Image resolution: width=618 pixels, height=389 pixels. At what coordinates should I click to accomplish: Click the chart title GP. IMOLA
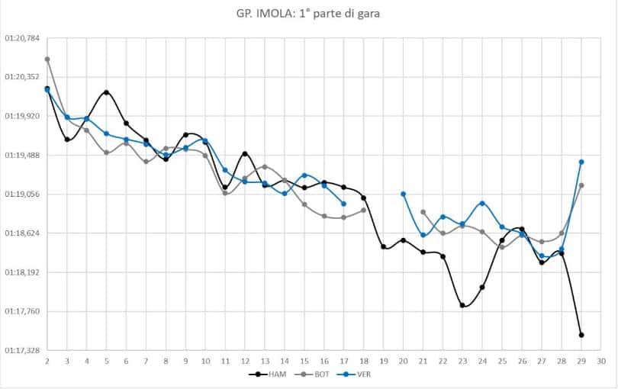pos(308,14)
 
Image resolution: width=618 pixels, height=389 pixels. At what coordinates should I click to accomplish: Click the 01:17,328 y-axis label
pos(22,351)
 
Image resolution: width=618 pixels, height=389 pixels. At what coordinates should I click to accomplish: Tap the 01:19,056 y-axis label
pos(22,194)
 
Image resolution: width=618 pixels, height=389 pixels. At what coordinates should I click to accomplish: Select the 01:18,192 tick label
pos(22,272)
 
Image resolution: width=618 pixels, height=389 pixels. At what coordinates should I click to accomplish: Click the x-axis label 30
pos(601,360)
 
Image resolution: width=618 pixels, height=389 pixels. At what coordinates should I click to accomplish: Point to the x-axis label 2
pos(47,360)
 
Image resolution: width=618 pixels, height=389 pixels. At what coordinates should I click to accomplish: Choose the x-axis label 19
pos(384,360)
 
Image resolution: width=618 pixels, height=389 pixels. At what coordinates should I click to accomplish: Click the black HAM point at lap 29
pos(581,335)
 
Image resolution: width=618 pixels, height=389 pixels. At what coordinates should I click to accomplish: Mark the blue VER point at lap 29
pos(581,162)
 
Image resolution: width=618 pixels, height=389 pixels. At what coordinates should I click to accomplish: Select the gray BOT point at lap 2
pos(47,59)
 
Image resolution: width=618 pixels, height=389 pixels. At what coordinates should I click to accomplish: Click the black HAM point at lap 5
pos(107,92)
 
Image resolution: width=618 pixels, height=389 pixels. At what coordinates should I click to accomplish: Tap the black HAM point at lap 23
pos(462,305)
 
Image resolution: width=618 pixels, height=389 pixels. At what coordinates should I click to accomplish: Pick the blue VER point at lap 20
pos(404,194)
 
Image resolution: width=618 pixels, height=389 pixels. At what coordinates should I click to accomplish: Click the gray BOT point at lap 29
pos(581,185)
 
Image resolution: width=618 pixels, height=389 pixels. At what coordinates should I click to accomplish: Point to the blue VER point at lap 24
pos(482,203)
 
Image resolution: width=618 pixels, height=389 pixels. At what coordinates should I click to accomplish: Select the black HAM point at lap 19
pos(384,246)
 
